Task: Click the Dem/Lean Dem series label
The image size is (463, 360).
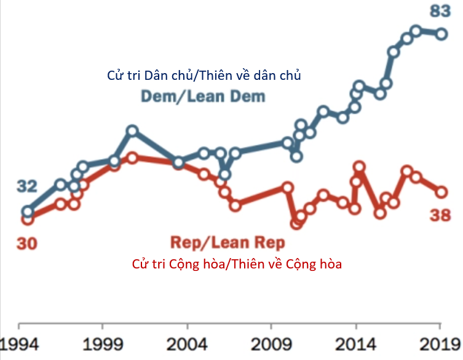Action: tap(203, 96)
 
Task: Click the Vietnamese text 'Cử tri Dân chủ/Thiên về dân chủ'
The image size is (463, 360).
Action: tap(204, 76)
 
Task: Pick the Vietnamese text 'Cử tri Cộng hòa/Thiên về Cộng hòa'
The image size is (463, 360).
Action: tap(236, 264)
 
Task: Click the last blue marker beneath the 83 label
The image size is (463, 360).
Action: tap(441, 34)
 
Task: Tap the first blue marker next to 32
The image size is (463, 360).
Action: tap(27, 211)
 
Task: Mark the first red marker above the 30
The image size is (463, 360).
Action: tap(27, 218)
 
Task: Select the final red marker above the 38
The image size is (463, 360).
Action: tap(441, 192)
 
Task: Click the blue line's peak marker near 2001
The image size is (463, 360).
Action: tap(132, 131)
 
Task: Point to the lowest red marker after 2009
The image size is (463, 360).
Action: tap(296, 223)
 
